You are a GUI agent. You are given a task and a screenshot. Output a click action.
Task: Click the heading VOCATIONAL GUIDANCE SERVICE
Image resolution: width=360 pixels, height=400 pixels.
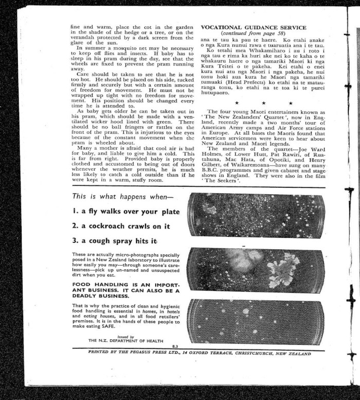click(253, 27)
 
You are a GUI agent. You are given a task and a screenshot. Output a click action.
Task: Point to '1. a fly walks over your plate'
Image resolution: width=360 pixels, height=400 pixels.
click(125, 211)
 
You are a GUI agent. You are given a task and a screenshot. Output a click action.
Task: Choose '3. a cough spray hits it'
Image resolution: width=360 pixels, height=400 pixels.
click(114, 241)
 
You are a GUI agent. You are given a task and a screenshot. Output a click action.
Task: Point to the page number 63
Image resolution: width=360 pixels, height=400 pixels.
click(175, 348)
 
